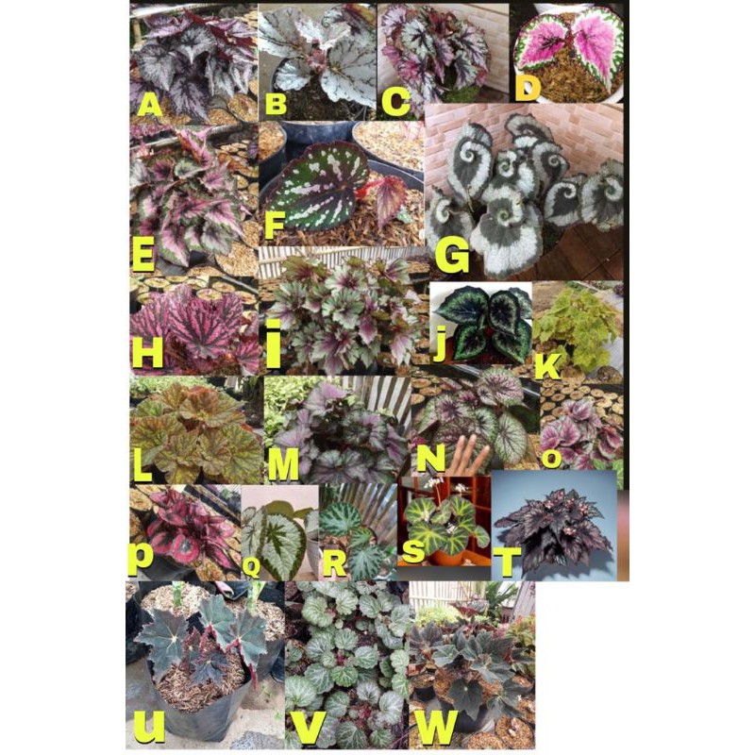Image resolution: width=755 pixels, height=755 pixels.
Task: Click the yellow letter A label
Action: coord(148,104)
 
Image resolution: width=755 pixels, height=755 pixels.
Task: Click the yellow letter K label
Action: coord(546,365)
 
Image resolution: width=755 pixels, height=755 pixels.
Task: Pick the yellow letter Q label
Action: coord(252,566)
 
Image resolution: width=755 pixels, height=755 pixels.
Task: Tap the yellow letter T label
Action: coord(506,562)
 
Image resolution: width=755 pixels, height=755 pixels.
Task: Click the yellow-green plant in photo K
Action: coord(578,321)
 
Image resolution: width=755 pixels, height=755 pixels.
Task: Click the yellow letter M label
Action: coord(285,462)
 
